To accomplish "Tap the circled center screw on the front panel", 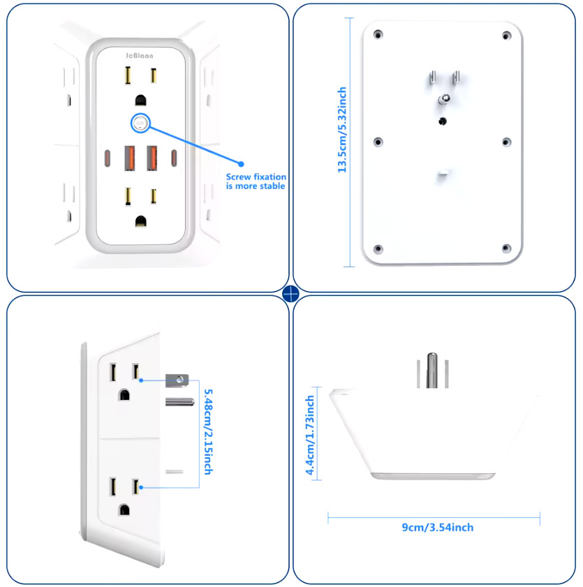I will coord(140,124).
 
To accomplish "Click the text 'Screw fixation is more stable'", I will coord(255,181).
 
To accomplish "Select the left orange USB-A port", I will coord(130,158).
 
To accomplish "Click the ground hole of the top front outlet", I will coord(140,101).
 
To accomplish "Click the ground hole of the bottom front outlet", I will coord(140,222).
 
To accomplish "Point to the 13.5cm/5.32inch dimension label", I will coord(342,130).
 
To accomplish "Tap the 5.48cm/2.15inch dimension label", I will coord(207,427).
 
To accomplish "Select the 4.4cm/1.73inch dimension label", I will coord(310,434).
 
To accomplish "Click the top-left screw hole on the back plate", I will coord(378,34).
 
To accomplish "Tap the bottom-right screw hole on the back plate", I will coord(506,248).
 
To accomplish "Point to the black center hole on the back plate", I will coord(442,121).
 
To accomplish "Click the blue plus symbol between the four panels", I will coord(291,293).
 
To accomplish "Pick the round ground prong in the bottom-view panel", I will coord(433,371).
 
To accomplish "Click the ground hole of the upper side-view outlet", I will coord(124,395).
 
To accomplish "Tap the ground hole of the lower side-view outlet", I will coord(124,509).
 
